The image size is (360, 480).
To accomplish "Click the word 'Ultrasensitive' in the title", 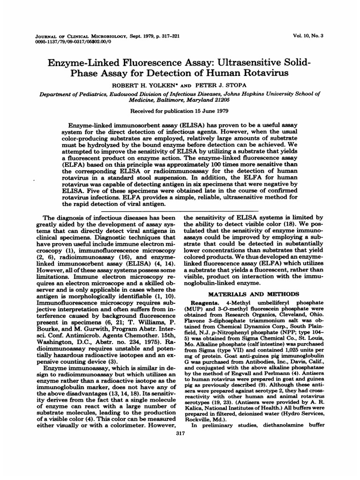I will pos(231,63).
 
